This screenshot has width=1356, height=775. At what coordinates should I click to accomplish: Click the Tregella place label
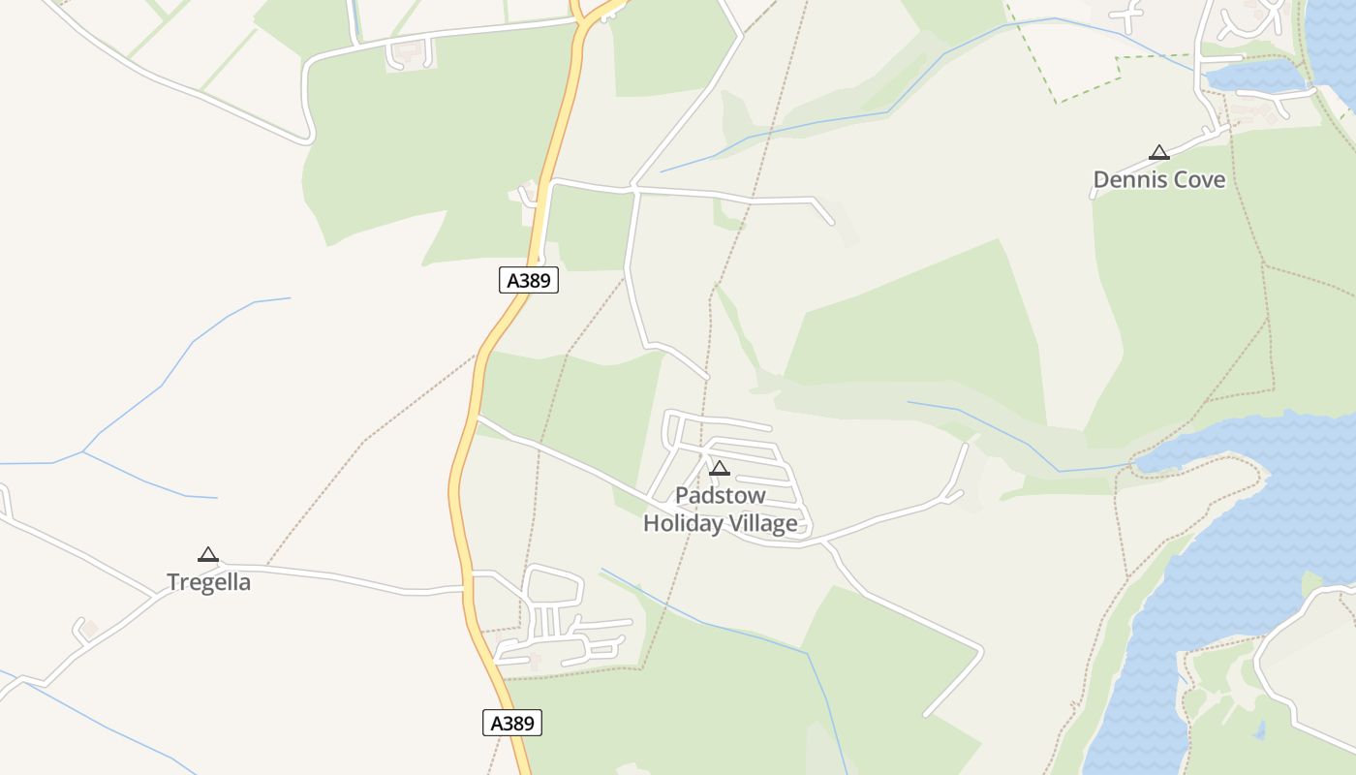tap(208, 582)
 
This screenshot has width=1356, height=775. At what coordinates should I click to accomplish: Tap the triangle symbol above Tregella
tap(207, 555)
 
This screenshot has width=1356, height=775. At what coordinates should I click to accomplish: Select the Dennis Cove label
tap(1158, 179)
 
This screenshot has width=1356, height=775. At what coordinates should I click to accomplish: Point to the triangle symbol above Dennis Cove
tap(1158, 152)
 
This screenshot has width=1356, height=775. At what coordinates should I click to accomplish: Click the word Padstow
tap(720, 496)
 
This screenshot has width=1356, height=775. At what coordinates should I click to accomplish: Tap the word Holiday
tap(683, 524)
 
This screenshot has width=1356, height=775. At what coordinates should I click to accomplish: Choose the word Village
tap(762, 524)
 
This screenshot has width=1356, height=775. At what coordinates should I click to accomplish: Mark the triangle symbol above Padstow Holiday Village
tap(719, 469)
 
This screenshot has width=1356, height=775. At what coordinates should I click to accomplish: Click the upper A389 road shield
tap(529, 281)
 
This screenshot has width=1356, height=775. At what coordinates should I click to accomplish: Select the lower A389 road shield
tap(511, 723)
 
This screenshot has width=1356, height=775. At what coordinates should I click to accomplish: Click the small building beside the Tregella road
tap(90, 630)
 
